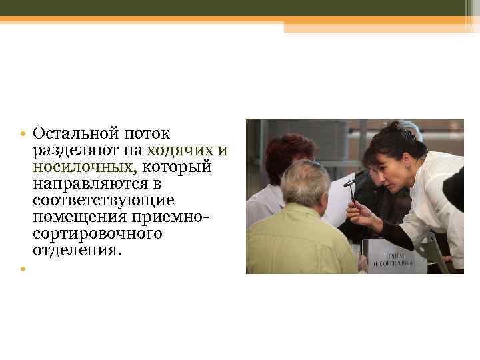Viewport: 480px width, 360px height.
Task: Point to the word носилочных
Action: click(x=81, y=167)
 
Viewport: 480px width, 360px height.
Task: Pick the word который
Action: click(x=186, y=167)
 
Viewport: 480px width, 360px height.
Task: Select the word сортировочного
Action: click(x=97, y=233)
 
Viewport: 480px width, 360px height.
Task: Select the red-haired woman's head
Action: click(x=289, y=157)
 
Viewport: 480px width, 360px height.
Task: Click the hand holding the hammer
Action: click(x=361, y=215)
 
